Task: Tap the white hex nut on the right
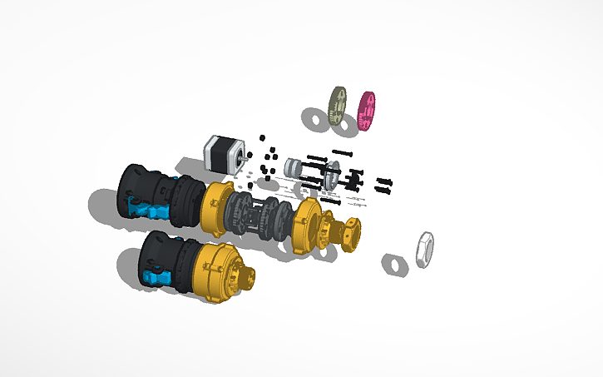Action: pos(424,249)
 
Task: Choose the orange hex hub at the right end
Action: pos(349,234)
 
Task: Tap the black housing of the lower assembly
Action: pos(162,250)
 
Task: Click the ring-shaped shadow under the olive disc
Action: pos(315,119)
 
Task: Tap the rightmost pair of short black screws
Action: pos(384,183)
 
